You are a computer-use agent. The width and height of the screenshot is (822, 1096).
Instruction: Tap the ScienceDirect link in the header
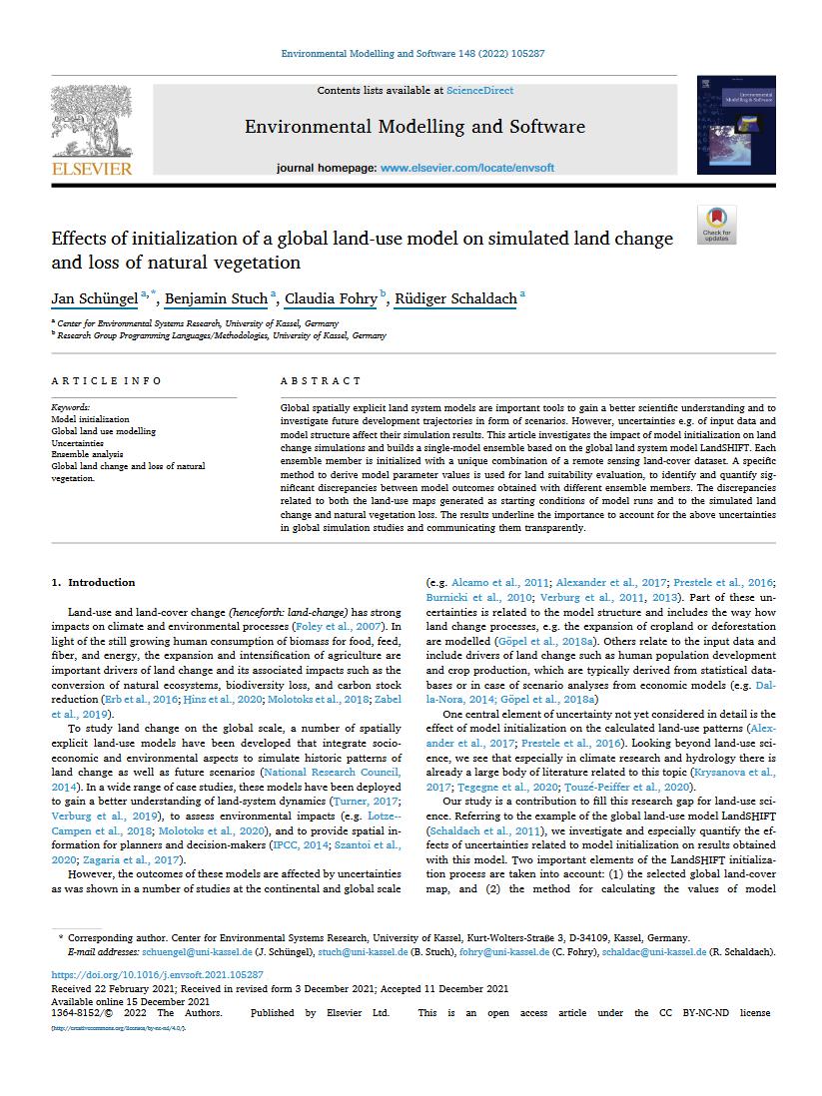click(480, 91)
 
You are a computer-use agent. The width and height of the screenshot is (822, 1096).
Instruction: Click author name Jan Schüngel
click(94, 298)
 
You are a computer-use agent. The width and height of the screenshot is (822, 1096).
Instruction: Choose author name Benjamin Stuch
click(216, 298)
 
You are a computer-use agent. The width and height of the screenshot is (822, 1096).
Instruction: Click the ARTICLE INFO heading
click(106, 381)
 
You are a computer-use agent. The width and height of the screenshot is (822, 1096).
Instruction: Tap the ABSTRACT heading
click(321, 381)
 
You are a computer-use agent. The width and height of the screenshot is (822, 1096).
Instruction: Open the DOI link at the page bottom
click(157, 974)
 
